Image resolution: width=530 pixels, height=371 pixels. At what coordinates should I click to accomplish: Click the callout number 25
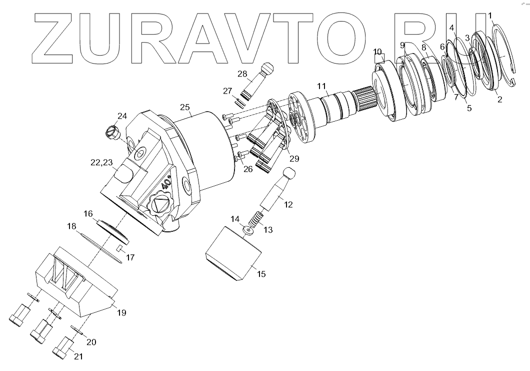(x=185, y=108)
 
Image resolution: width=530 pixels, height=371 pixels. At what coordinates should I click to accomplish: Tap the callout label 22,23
(x=101, y=162)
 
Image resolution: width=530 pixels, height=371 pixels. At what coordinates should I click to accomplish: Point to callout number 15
(x=261, y=274)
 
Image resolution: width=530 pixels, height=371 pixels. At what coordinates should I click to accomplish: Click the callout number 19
(x=121, y=313)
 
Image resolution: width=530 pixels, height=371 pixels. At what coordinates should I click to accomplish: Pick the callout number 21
(x=78, y=356)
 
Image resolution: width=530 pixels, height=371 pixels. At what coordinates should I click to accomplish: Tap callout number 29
(x=294, y=159)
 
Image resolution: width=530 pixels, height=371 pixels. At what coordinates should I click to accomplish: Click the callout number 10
(x=377, y=52)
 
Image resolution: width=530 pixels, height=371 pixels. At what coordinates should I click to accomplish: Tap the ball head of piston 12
(x=290, y=174)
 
